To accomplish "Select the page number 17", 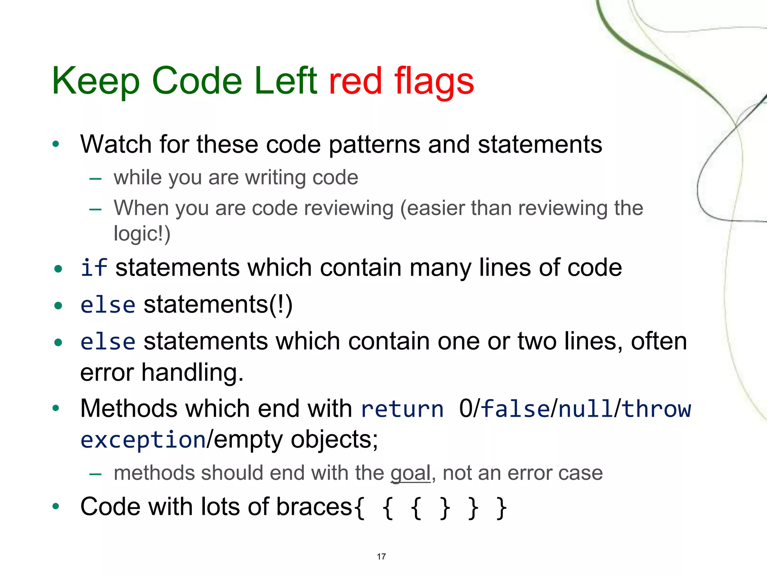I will [x=381, y=557].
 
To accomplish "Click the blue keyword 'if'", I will [x=94, y=268].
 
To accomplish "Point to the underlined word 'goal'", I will [x=410, y=473].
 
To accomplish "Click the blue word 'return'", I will [x=402, y=409].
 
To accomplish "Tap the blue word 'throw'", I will [x=657, y=409].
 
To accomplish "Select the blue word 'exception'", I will [x=143, y=440].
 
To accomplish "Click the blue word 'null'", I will [x=586, y=409].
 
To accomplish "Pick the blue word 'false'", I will [x=515, y=409].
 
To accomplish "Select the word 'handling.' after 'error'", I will [x=192, y=373].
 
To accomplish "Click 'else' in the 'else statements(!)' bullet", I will [x=107, y=305].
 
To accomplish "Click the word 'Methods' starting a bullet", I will [x=128, y=409].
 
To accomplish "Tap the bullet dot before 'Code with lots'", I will [x=56, y=507].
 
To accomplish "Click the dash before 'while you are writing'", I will [x=96, y=179].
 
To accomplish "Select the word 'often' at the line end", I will [x=659, y=341].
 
